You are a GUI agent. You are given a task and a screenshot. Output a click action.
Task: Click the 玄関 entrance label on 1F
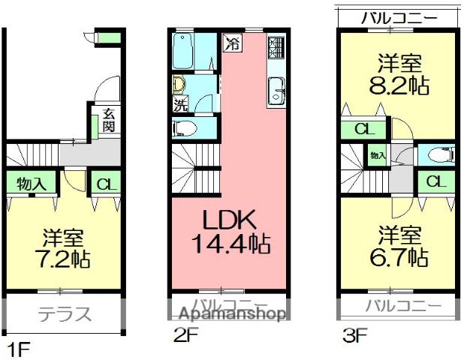(108, 121)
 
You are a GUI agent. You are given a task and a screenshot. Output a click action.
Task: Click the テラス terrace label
(63, 313)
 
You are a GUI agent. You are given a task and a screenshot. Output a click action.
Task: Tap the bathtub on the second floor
(183, 52)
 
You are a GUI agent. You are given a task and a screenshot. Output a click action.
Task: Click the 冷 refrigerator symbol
(234, 43)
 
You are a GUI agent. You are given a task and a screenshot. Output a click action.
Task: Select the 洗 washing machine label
(180, 103)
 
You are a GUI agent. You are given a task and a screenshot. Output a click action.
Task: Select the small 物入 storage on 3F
(377, 156)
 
